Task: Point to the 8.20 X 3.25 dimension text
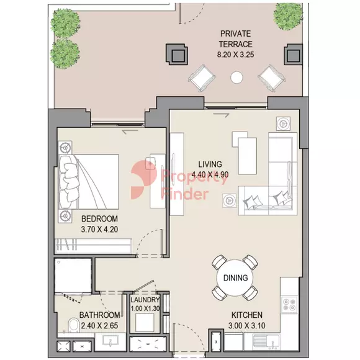click(236, 55)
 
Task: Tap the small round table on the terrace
click(237, 78)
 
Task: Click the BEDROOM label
click(99, 219)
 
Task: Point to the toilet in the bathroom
click(73, 325)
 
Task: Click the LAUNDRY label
click(145, 300)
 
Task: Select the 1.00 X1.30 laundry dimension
click(145, 310)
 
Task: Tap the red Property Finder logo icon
click(144, 181)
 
